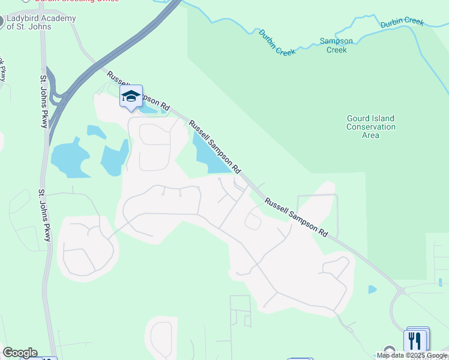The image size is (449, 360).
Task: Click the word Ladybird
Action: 24,18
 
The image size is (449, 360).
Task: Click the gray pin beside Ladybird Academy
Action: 2,22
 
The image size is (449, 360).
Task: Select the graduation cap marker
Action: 131,96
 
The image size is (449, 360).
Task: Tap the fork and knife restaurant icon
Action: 415,341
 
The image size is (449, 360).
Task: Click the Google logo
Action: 20,353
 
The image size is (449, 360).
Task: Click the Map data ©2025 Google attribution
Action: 412,355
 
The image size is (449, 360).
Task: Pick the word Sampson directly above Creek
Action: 336,41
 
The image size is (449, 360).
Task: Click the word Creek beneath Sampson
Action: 336,50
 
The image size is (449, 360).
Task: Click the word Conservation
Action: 371,127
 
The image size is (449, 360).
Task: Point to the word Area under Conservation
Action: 371,135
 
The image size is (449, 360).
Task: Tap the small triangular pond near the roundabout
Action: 372,289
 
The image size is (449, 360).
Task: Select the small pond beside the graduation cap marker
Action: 150,108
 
